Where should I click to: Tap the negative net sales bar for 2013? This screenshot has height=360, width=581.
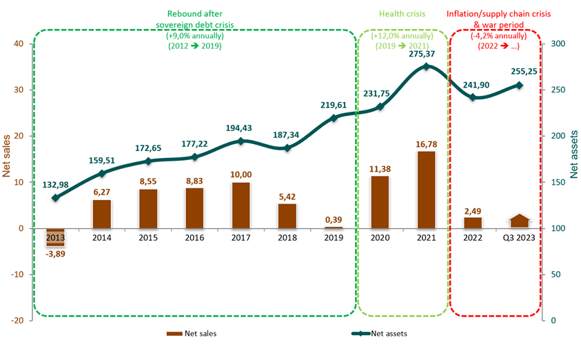pyautogui.click(x=56, y=237)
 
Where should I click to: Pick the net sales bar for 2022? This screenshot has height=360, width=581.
pyautogui.click(x=472, y=222)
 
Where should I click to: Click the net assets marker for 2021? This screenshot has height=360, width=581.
pyautogui.click(x=426, y=66)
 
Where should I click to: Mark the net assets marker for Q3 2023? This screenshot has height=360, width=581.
pyautogui.click(x=520, y=85)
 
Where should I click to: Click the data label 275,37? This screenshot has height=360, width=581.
pyautogui.click(x=425, y=53)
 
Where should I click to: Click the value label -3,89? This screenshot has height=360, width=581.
pyautogui.click(x=56, y=253)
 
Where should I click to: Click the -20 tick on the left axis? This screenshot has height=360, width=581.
pyautogui.click(x=17, y=321)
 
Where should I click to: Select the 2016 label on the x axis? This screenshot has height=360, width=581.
pyautogui.click(x=194, y=238)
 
